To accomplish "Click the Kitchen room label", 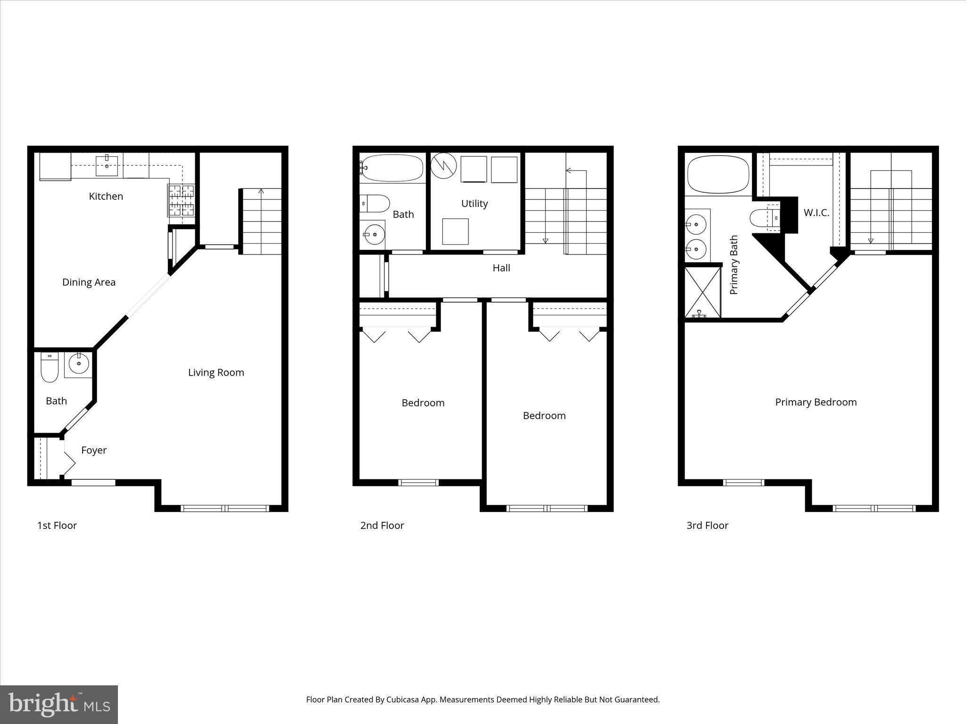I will pos(106,196).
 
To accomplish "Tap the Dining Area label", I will pos(89,282).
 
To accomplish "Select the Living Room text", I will pos(216,372).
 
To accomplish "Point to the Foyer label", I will pos(94,450).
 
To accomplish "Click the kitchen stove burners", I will pos(181,199).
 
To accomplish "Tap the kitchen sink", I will pos(107,165).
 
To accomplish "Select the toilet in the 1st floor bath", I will pos(49,367).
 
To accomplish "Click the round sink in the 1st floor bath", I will pos(78,363).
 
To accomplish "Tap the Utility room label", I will pos(475,204).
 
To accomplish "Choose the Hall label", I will pos(501,268).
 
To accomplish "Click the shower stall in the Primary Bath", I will pos(703,293).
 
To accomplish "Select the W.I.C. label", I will pos(816,213).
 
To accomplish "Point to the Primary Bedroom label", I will pos(816,402).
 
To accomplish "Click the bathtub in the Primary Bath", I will pos(718,174).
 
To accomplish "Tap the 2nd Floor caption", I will pos(382,526).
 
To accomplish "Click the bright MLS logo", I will pos(59,705).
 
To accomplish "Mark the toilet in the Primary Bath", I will pos(761,218).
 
